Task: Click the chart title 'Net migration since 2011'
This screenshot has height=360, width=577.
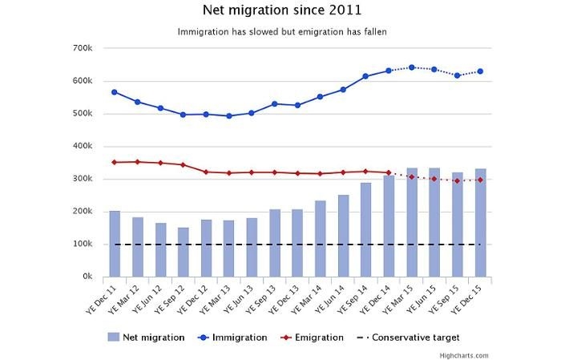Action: coord(281,10)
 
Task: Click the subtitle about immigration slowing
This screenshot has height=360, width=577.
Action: coord(281,32)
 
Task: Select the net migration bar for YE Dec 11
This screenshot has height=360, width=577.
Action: coord(115,244)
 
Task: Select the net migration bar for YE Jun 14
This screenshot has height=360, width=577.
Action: coord(343,236)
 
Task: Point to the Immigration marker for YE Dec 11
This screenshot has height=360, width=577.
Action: coord(115,92)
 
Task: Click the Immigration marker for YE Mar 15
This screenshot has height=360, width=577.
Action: coord(412,67)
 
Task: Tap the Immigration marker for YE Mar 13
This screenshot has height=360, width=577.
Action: coord(229,115)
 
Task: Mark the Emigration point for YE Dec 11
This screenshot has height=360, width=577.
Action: coord(115,162)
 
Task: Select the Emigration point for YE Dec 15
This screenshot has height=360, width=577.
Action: coord(480,180)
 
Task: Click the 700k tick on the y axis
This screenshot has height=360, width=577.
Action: coord(83,48)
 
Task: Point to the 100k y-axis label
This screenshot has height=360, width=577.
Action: coord(83,244)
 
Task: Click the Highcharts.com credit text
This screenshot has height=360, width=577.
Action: coord(463,355)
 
